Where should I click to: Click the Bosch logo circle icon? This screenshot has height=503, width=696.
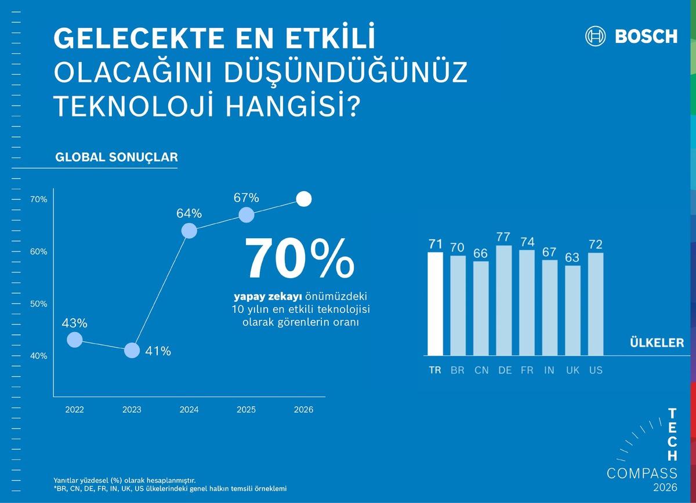(x=596, y=37)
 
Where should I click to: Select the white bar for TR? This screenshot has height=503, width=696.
(x=435, y=304)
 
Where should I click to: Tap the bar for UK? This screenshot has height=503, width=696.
(x=572, y=310)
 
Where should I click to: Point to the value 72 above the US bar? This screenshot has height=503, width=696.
(x=596, y=244)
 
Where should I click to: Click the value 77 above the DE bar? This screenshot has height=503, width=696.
(x=504, y=237)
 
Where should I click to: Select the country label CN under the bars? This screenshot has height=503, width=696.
(x=481, y=370)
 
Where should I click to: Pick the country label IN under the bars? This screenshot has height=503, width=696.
(x=549, y=370)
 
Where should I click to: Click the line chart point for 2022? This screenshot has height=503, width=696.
(x=74, y=340)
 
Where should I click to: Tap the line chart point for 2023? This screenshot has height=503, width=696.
(x=132, y=350)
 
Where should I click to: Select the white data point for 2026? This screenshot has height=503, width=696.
(x=304, y=199)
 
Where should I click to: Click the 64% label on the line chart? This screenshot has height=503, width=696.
(x=189, y=213)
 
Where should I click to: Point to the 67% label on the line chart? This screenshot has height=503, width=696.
(x=246, y=198)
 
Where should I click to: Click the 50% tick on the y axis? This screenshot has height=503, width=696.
(x=38, y=304)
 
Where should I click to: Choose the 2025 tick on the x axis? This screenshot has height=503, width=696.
(x=246, y=410)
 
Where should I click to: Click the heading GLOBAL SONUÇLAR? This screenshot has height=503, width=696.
(x=116, y=158)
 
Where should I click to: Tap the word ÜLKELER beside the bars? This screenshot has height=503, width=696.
(x=657, y=342)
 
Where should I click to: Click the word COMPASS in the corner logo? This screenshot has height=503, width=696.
(x=642, y=473)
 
